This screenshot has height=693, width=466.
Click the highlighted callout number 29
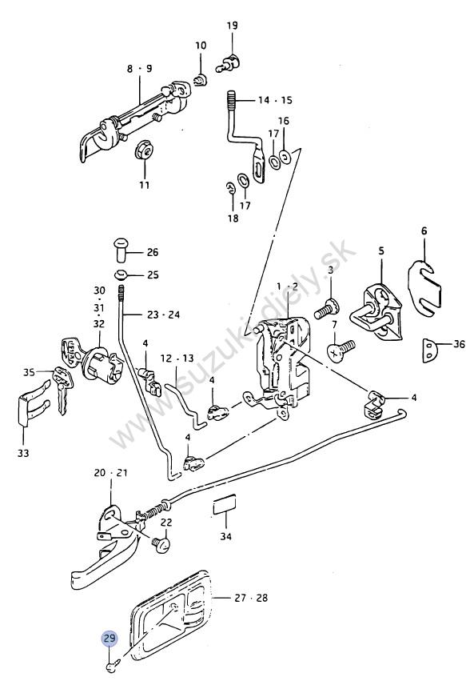(110, 639)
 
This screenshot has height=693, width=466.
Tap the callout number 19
(232, 26)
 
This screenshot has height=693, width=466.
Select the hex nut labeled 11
(144, 151)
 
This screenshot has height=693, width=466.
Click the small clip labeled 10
(201, 81)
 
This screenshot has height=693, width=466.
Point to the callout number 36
(459, 344)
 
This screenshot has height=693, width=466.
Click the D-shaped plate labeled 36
(430, 351)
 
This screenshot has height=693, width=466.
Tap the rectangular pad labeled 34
(224, 506)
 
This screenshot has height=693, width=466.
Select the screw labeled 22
(161, 544)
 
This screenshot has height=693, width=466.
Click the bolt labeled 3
(326, 308)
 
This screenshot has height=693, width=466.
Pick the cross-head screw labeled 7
(341, 350)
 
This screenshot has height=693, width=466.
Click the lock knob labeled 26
(121, 250)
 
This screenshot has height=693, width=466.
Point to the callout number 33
(23, 453)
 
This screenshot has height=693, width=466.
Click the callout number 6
(424, 230)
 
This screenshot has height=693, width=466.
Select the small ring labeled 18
(229, 187)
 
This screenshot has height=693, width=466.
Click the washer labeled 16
(285, 156)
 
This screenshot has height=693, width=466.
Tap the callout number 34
(226, 536)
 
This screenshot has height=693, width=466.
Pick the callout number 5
(381, 250)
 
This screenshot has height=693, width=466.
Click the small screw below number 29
(113, 665)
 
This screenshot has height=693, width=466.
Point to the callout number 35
(29, 373)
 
